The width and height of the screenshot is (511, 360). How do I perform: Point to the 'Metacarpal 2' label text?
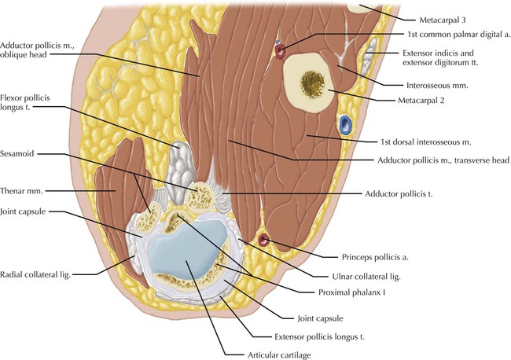[x=445, y=101]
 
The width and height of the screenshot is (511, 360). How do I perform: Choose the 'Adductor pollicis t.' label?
[x=400, y=193]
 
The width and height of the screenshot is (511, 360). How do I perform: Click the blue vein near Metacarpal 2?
[x=344, y=123]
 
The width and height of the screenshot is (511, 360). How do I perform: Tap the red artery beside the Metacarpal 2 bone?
[x=279, y=52]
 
